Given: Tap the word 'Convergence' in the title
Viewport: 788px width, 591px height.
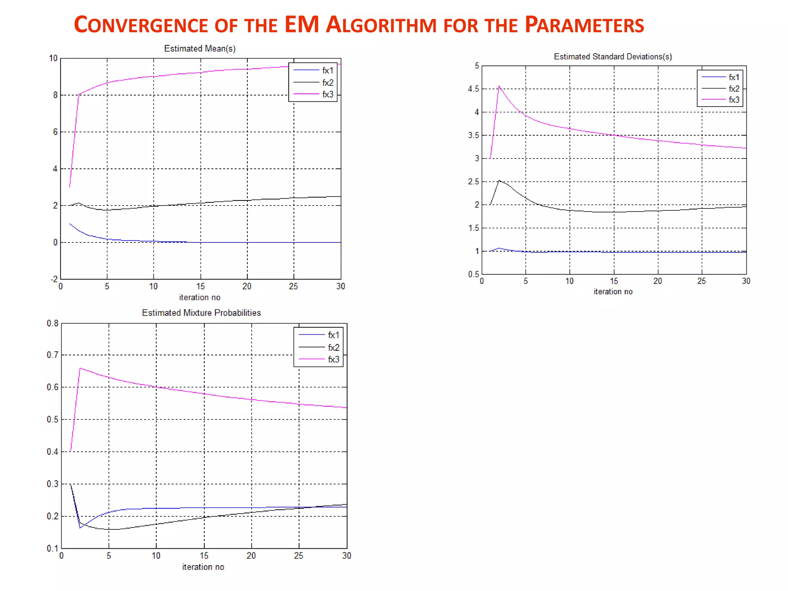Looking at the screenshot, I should (x=141, y=25).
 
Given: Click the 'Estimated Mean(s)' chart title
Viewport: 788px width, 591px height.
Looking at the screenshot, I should (x=200, y=48).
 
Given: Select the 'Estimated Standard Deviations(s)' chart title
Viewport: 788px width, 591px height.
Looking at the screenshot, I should (x=613, y=57).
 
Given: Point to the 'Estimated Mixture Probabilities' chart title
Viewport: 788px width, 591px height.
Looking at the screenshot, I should (x=201, y=313).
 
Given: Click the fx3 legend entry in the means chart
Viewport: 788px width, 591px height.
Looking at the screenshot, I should (x=327, y=94).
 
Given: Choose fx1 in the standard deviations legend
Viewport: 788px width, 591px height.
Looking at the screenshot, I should (x=734, y=77).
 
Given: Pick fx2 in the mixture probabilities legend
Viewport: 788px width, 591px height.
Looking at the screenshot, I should (x=333, y=347).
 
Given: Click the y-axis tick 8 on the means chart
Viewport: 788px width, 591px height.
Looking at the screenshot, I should (x=55, y=95).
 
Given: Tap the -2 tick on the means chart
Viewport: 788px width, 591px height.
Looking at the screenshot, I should (x=54, y=279).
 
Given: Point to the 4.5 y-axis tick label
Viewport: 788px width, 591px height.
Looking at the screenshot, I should (x=473, y=89).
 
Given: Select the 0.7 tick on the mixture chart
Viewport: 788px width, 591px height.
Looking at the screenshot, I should (x=53, y=355).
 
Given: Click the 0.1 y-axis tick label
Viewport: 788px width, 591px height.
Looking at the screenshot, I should (x=53, y=548).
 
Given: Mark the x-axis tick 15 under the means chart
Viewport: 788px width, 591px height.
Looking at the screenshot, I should (x=200, y=286).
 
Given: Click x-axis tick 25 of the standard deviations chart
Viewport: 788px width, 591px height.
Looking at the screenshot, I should (x=702, y=281).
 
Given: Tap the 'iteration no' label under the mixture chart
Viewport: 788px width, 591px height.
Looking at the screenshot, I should (x=203, y=567).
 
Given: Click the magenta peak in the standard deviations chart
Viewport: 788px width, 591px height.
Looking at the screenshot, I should (x=499, y=86).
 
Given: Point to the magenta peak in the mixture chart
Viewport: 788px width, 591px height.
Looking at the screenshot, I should (x=80, y=368).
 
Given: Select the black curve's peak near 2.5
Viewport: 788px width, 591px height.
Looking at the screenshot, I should (x=499, y=180).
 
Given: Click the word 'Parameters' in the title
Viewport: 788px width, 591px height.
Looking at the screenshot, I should (x=584, y=25).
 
